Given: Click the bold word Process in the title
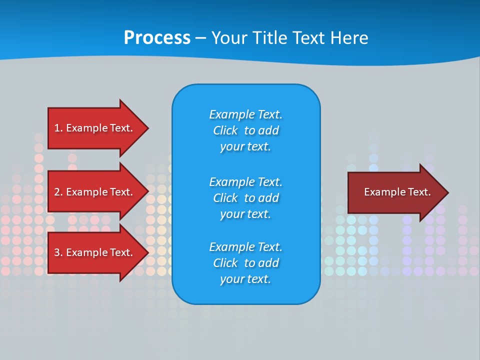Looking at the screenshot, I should pos(157,38).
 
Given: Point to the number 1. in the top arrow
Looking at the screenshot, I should pos(58,128).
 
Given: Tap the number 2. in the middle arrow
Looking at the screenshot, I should pos(58,192).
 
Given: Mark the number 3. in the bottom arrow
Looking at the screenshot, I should pos(58,252).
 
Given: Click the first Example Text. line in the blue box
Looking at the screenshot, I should pos(245,114).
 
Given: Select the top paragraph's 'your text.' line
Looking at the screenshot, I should pos(245,146).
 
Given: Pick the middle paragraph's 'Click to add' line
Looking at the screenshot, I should pos(245,198).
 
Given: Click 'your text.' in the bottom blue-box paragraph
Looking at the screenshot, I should pos(245,279).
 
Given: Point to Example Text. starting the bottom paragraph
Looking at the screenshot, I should pos(245,247).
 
